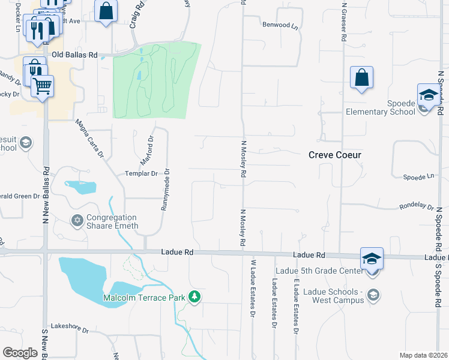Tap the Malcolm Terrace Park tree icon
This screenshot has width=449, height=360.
194,297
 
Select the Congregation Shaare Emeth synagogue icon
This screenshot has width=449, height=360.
77,221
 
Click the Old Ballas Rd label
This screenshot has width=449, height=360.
75,55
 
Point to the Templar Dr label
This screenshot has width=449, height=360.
142,173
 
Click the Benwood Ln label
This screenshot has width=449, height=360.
280,25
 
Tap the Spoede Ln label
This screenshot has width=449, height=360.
418,178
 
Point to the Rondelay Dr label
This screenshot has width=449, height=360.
417,207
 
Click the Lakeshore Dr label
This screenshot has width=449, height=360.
70,330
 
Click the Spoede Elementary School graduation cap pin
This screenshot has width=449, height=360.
429,95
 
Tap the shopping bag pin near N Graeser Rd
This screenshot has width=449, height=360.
361,77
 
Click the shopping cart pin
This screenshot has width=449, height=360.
42,86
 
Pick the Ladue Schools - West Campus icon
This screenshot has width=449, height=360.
373,294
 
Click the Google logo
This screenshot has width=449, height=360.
20,353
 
